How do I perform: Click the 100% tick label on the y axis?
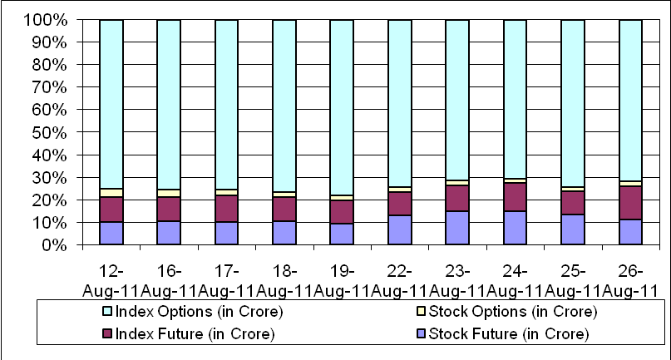pyautogui.click(x=45, y=20)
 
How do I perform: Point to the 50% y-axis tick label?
pyautogui.click(x=49, y=133)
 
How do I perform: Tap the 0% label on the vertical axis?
pyautogui.click(x=54, y=245)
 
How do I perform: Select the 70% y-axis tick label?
pyautogui.click(x=49, y=88)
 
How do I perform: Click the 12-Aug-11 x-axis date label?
pyautogui.click(x=111, y=281)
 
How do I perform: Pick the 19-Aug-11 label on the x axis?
pyautogui.click(x=342, y=281)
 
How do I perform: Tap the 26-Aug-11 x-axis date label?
pyautogui.click(x=630, y=281)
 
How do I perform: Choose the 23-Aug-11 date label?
pyautogui.click(x=457, y=281)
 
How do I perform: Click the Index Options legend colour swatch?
pyautogui.click(x=108, y=311)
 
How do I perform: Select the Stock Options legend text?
pyautogui.click(x=513, y=311)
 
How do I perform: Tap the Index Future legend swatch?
pyautogui.click(x=108, y=334)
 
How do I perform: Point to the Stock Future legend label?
pyautogui.click(x=509, y=334)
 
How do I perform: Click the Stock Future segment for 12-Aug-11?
pyautogui.click(x=111, y=234)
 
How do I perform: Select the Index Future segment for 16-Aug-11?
pyautogui.click(x=169, y=209)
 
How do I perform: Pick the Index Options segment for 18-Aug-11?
pyautogui.click(x=284, y=106)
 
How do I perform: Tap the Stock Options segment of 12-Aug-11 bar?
pyautogui.click(x=111, y=193)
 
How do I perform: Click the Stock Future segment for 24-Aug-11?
pyautogui.click(x=515, y=228)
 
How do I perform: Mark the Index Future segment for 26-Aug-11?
pyautogui.click(x=630, y=203)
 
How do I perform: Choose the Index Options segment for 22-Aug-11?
pyautogui.click(x=400, y=103)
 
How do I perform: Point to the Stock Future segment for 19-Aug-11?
pyautogui.click(x=342, y=234)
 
